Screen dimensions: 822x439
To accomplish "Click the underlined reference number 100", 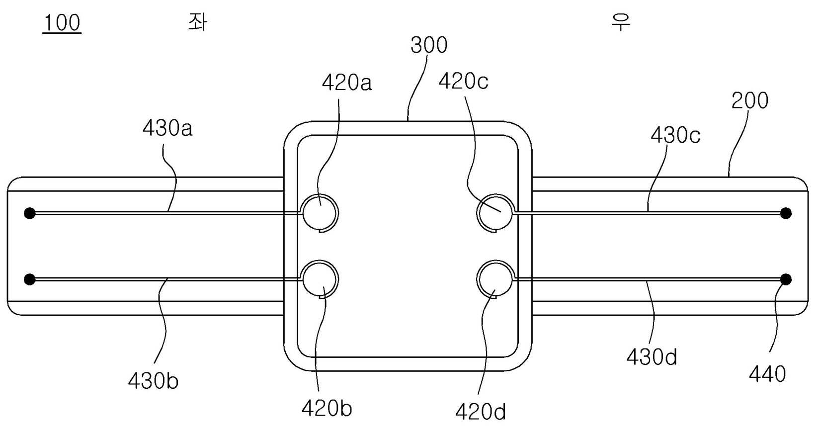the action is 62,23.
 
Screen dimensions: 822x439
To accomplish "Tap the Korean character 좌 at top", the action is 198,22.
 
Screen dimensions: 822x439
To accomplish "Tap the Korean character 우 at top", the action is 621,22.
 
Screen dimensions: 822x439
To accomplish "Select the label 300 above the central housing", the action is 428,45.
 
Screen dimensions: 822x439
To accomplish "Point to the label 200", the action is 750,100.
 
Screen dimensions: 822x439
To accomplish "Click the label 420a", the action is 347,83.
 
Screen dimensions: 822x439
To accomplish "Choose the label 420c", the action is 464,81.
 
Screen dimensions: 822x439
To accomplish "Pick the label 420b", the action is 327,408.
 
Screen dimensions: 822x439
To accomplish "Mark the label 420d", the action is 481,412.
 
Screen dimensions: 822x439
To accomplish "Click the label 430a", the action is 167,128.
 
